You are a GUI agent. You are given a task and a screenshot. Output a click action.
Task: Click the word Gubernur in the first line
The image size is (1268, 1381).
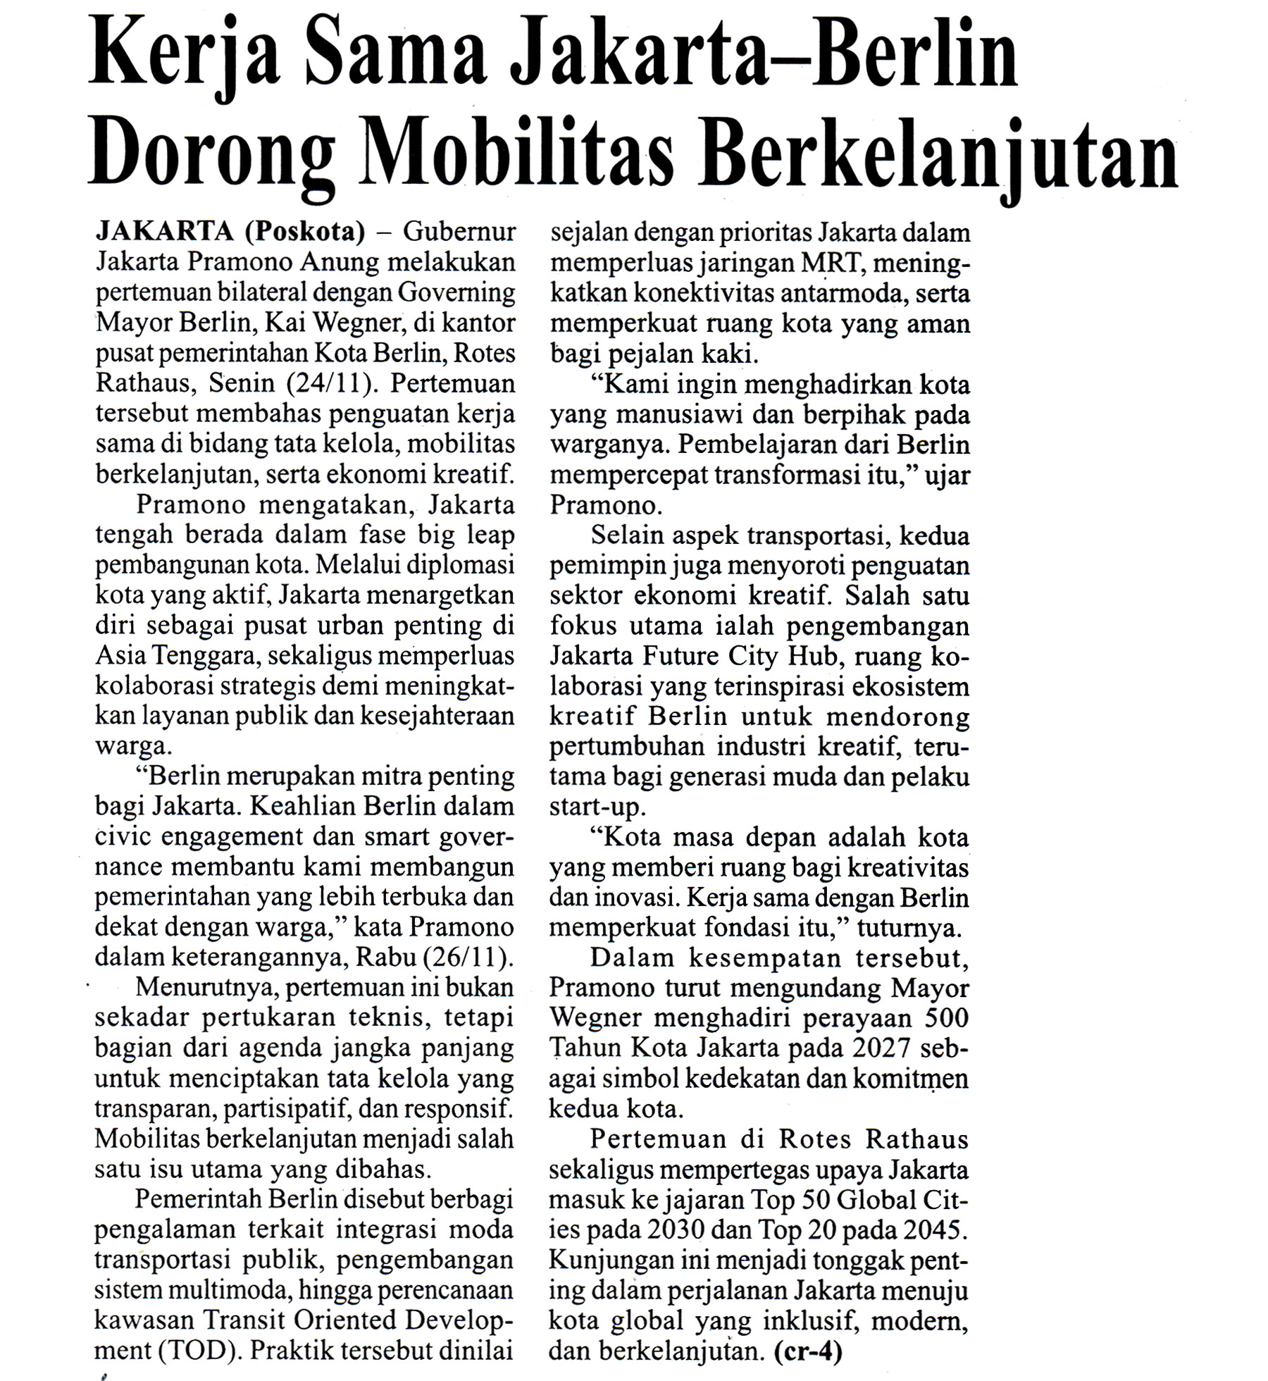[x=459, y=232]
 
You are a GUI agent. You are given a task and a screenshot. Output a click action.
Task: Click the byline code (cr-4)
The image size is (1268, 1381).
[x=807, y=1351]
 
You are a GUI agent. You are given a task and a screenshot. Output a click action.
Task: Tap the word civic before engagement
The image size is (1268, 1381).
[x=123, y=836]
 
